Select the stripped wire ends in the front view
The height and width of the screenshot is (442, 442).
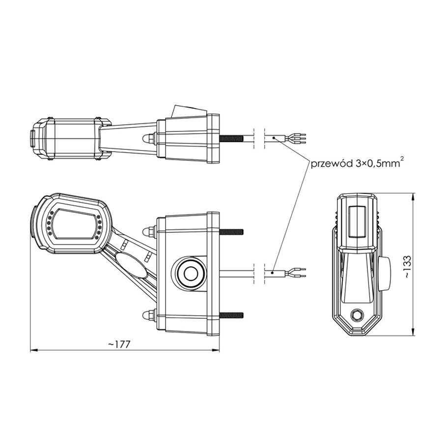(x=298, y=271)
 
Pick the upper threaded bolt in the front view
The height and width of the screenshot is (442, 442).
(x=231, y=231)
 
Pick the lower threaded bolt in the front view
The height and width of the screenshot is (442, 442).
(x=231, y=315)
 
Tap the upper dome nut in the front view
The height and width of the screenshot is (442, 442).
(x=147, y=231)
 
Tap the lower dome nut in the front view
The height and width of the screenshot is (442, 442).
(x=147, y=315)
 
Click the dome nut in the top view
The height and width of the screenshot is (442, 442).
(x=147, y=139)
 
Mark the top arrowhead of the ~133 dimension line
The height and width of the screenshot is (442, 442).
(x=414, y=196)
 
